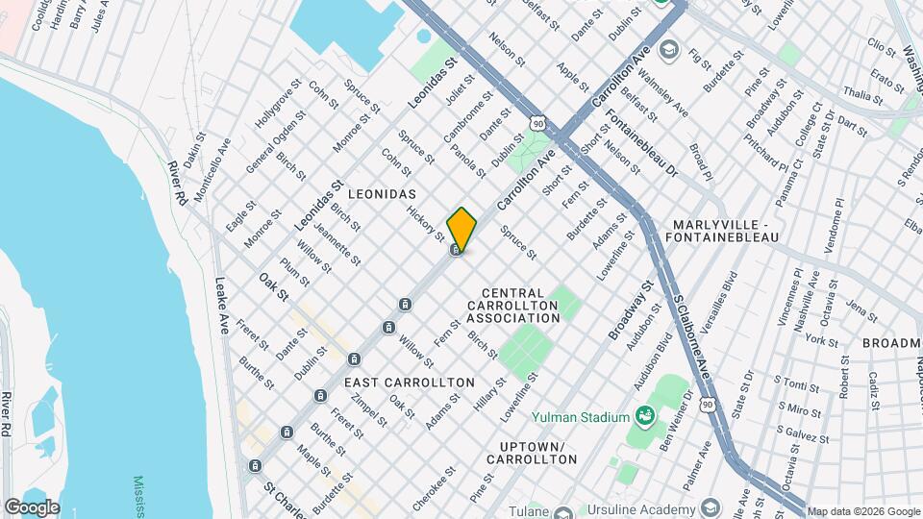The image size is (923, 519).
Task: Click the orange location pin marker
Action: (x=461, y=229)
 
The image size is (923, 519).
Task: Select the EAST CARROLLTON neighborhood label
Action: (x=409, y=383)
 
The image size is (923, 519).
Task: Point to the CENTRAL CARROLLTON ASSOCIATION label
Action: (x=513, y=305)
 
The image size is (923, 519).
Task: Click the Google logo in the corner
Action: (x=32, y=507)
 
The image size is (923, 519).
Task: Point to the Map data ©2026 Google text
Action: (x=862, y=511)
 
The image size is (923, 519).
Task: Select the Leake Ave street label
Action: (x=220, y=305)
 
